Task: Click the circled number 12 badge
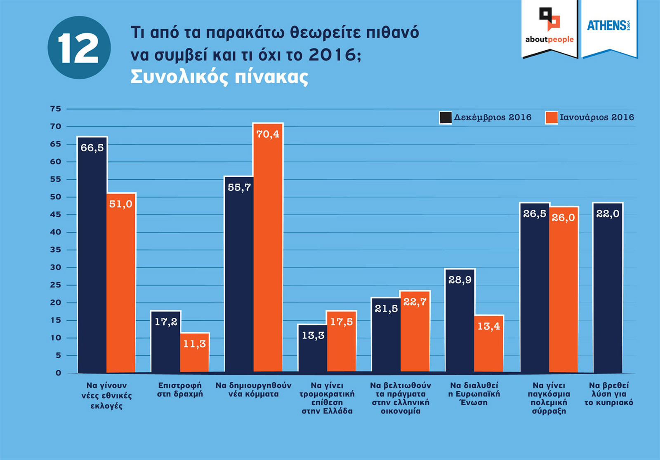pos(79,47)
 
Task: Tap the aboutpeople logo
pos(549,27)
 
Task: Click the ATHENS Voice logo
pos(608,26)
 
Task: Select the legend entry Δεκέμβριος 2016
pos(486,117)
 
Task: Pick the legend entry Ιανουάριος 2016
pos(590,117)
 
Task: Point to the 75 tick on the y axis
pos(55,109)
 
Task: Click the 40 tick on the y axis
pos(55,232)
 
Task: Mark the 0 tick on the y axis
pos(58,373)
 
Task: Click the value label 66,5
pos(92,148)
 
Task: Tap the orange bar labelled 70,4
pos(268,247)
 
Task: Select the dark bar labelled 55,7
pos(239,276)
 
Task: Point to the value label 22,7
pos(415,302)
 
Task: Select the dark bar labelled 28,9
pos(460,322)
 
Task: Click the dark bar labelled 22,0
pos(608,289)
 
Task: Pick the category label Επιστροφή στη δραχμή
pos(180,390)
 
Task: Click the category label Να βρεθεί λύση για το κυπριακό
pos(608,394)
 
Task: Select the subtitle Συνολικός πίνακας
pos(219,77)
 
